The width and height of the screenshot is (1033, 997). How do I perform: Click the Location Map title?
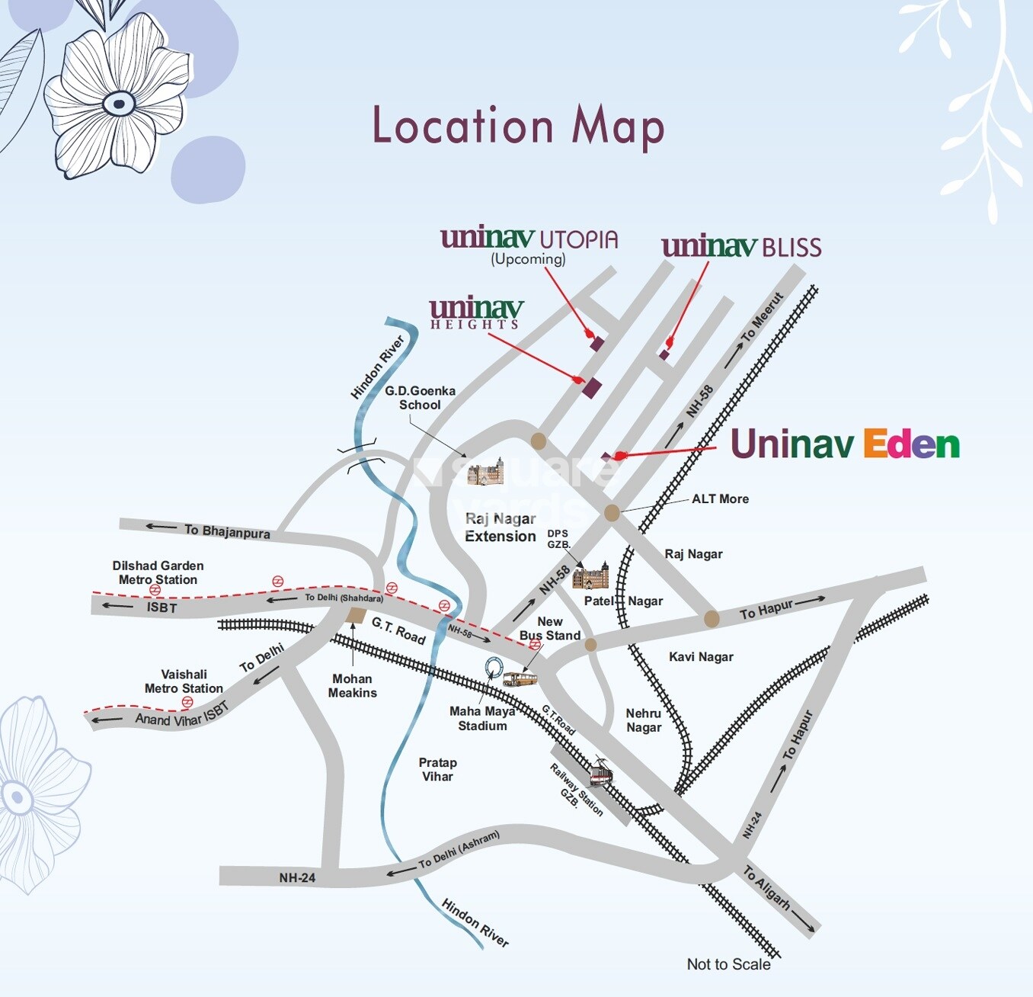point(518,127)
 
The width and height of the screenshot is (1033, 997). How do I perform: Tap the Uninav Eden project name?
point(844,444)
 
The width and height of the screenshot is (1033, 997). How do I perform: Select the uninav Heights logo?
point(476,313)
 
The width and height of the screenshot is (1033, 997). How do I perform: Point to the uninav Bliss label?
point(741,247)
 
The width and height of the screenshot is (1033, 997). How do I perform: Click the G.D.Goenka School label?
point(420,398)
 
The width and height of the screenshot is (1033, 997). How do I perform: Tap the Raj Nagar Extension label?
point(501,527)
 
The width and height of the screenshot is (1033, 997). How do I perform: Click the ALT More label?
point(720,499)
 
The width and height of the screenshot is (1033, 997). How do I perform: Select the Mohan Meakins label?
point(352,686)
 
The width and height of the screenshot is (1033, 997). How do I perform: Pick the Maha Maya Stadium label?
point(482,719)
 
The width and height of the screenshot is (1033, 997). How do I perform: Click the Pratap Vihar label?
point(437,770)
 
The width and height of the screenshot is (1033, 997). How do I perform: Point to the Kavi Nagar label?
point(701,657)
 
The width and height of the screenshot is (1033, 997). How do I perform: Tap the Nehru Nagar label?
point(644,720)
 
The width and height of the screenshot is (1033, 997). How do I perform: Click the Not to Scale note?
point(728,964)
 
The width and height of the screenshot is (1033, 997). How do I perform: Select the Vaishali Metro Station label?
point(184,681)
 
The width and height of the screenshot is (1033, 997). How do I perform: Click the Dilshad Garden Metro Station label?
point(158,572)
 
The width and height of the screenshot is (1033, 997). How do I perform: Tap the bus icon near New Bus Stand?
point(520,679)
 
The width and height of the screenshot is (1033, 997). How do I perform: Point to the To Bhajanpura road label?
point(226,531)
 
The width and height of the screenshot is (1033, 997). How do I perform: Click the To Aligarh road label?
point(766,888)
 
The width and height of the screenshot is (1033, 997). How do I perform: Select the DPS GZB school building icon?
point(590,577)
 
